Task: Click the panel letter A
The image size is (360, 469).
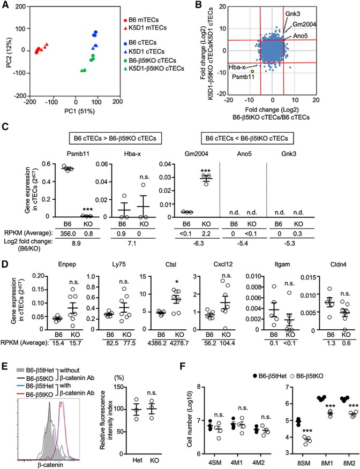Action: (7, 6)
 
